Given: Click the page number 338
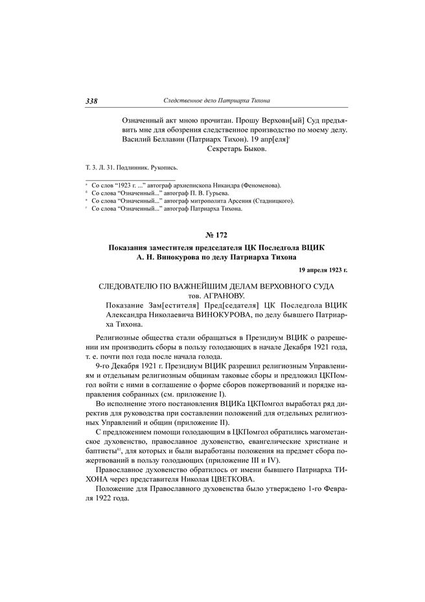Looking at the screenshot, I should [91, 101].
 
